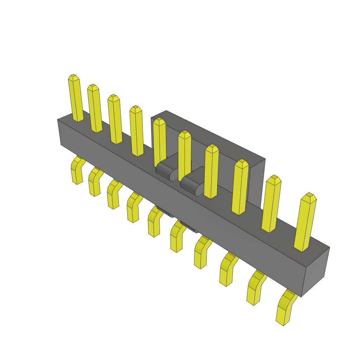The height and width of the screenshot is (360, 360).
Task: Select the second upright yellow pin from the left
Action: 95,109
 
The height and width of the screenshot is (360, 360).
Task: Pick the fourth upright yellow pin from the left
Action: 136,131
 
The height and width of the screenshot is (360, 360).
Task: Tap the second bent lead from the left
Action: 94,183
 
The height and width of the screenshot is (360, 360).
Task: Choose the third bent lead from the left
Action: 113,195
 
